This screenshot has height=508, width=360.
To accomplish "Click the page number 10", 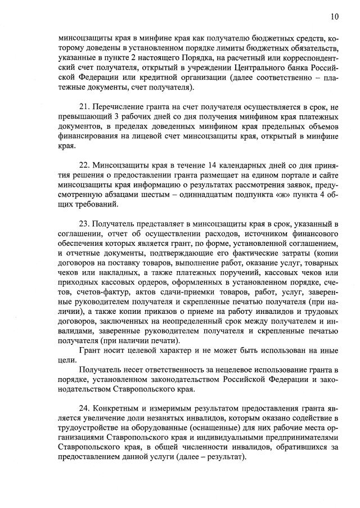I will pos(335,17).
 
